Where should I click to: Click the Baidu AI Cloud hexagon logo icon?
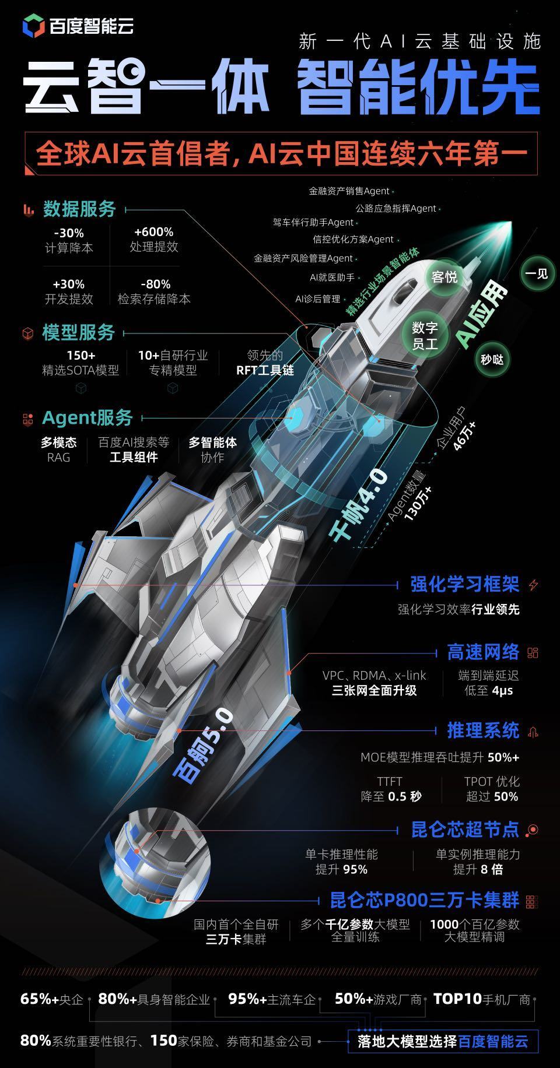[x=34, y=26]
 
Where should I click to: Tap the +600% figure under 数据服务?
[x=153, y=232]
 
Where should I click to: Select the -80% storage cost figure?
[x=155, y=284]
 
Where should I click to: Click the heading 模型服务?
[x=79, y=333]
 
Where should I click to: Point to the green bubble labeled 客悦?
[x=444, y=277]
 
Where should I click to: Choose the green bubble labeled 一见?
[x=537, y=273]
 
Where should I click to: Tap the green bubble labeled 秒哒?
[x=492, y=359]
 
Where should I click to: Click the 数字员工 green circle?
[x=425, y=336]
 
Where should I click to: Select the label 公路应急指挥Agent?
[x=395, y=208]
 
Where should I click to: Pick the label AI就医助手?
[x=332, y=277]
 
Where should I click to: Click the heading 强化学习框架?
[x=464, y=584]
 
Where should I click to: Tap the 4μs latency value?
[x=502, y=691]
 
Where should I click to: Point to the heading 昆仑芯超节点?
[x=465, y=830]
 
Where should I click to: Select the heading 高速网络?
[x=483, y=652]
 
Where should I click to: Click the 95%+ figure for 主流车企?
[x=247, y=999]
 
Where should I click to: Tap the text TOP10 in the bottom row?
[x=457, y=999]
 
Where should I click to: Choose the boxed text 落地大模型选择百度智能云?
[x=443, y=1041]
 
